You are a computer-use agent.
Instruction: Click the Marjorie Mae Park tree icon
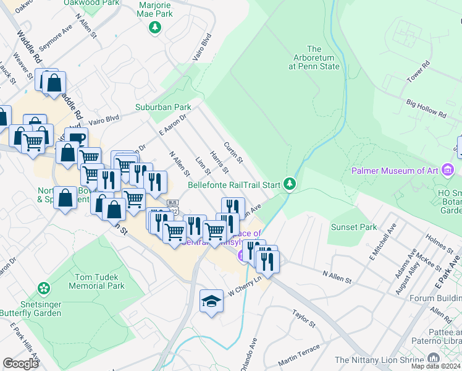155,27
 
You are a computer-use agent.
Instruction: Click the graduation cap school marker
211,301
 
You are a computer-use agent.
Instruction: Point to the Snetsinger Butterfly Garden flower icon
43,288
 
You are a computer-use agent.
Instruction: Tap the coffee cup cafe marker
77,139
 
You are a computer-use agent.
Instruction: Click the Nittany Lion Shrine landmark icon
433,359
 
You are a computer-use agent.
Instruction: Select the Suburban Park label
164,107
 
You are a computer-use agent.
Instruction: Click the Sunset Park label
354,227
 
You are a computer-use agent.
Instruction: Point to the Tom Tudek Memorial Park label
99,282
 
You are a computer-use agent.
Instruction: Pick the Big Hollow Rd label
426,110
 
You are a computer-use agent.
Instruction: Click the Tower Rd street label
418,72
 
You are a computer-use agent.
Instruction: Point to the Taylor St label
304,319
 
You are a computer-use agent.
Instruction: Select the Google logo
20,363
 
